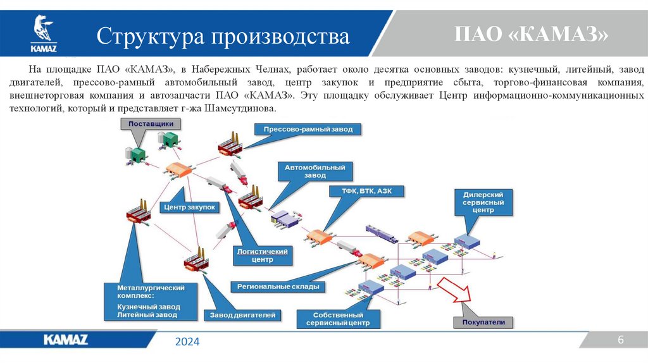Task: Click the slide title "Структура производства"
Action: point(223,36)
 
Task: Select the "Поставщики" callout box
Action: point(151,125)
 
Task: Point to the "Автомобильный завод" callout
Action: point(315,171)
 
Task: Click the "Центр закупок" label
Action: point(190,207)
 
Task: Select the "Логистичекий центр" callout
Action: point(262,255)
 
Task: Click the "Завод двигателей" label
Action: point(242,314)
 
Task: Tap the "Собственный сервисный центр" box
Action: point(337,319)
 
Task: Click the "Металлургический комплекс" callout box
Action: point(151,301)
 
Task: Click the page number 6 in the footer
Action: point(621,340)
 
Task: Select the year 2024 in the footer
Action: point(187,341)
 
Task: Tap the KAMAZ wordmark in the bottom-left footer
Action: point(66,340)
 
